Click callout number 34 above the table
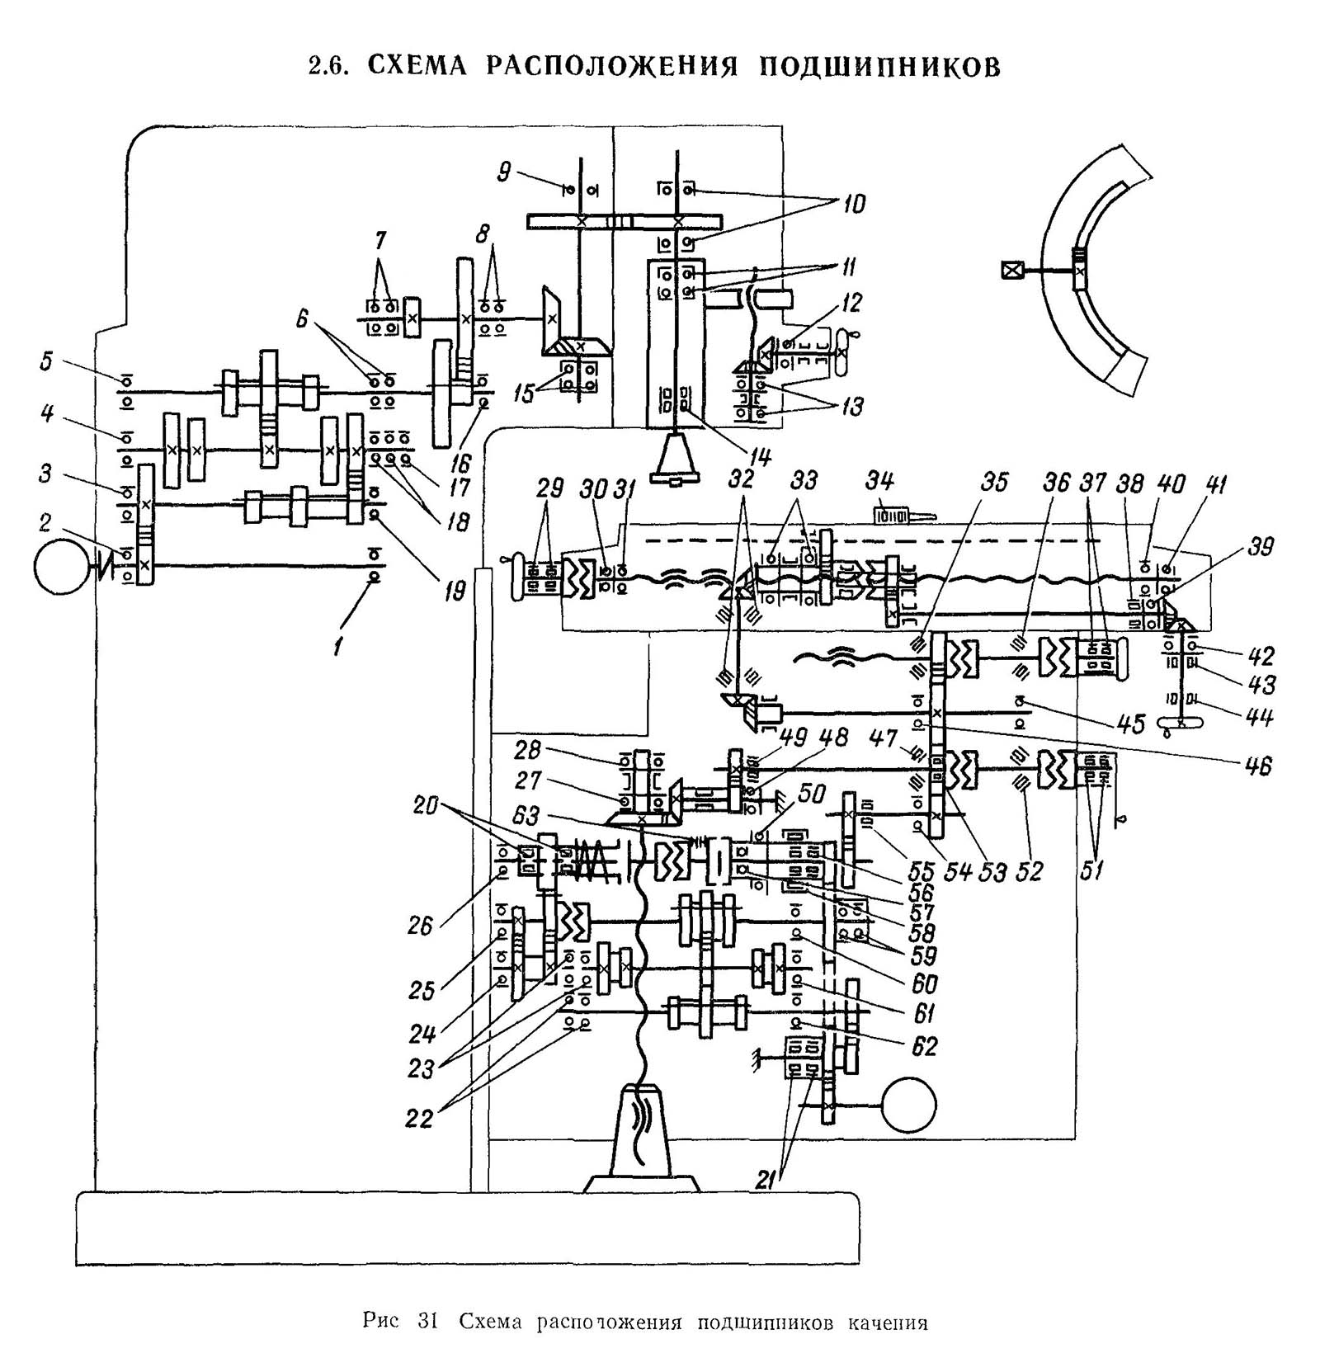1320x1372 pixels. coord(880,480)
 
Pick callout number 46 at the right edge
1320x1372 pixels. coord(1259,766)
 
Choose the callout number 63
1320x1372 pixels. coord(526,816)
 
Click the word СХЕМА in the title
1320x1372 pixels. coord(417,66)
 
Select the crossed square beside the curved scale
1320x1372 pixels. coord(1011,270)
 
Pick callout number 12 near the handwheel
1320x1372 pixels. coord(852,303)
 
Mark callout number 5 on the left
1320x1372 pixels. coord(46,361)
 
